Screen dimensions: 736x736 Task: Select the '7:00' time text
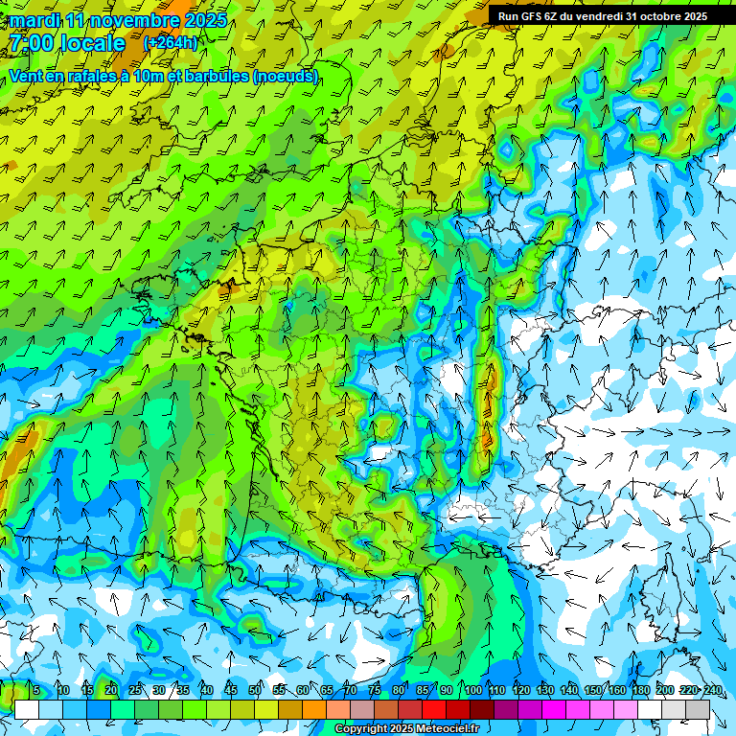(x=30, y=43)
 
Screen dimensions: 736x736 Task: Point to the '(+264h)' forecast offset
(x=171, y=42)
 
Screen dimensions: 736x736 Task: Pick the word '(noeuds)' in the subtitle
(x=285, y=76)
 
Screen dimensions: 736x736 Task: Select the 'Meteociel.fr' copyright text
(x=436, y=729)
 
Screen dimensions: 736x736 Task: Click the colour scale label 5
(x=36, y=690)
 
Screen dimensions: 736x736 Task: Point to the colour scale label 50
(x=255, y=690)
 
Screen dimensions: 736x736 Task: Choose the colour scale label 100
(x=472, y=690)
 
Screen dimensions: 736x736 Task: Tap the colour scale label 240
(x=712, y=690)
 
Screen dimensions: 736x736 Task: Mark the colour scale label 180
(x=640, y=690)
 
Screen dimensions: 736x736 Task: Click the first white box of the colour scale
(x=27, y=709)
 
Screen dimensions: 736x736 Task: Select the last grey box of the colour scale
(x=698, y=709)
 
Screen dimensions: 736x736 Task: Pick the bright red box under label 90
(x=434, y=709)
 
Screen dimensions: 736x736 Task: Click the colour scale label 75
(x=375, y=690)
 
